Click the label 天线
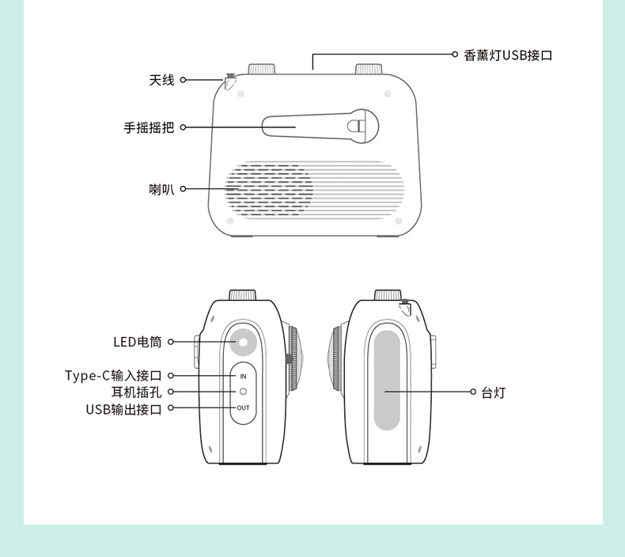161,80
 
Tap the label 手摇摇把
149,127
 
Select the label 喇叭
161,189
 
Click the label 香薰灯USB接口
508,55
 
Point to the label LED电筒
137,342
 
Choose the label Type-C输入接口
113,375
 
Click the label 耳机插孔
136,392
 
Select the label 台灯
494,392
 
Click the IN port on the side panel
243,376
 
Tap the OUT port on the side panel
243,407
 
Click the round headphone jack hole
243,392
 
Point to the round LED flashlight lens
244,343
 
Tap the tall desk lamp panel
387,380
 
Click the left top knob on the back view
259,69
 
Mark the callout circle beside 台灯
473,392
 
